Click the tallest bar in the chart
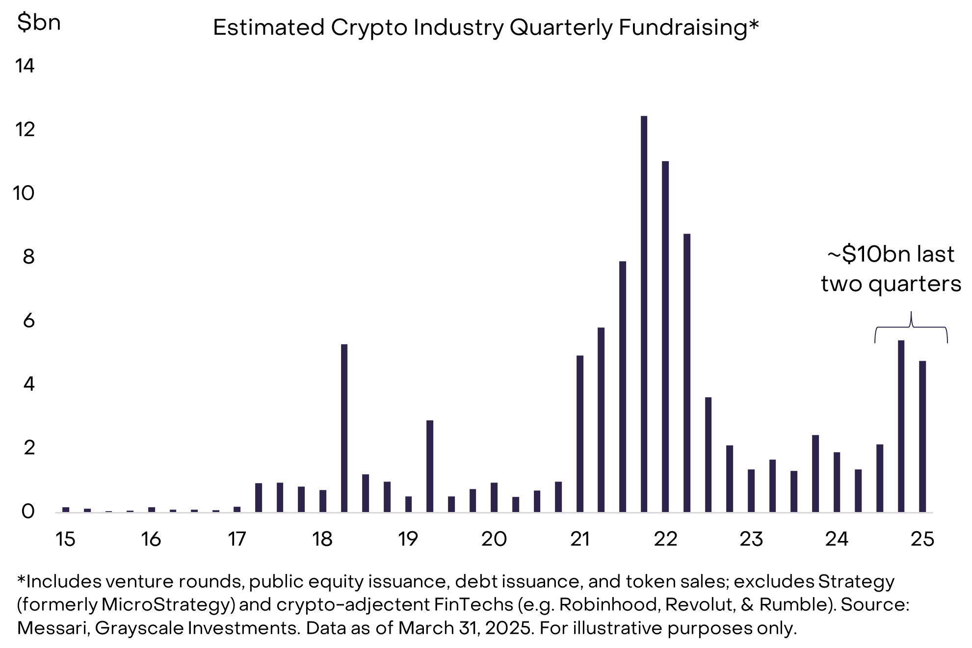pos(644,314)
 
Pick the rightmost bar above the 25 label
pos(922,436)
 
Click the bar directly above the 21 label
pos(580,434)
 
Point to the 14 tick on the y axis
pos(25,66)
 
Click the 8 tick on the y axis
pos(28,257)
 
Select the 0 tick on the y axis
pos(28,512)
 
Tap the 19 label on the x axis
pos(408,539)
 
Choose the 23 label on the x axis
pos(751,539)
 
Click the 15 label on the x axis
pos(65,539)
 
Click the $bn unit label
pos(39,23)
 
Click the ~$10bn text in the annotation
pos(869,254)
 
